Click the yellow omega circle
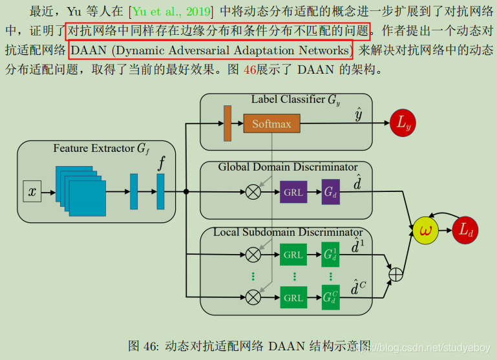426,229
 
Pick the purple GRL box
293,192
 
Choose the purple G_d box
330,192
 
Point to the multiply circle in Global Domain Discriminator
253,192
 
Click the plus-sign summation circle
395,275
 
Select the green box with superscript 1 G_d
330,255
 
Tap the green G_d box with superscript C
330,297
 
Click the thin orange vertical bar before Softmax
227,123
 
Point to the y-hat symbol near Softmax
358,114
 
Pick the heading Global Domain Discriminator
288,167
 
